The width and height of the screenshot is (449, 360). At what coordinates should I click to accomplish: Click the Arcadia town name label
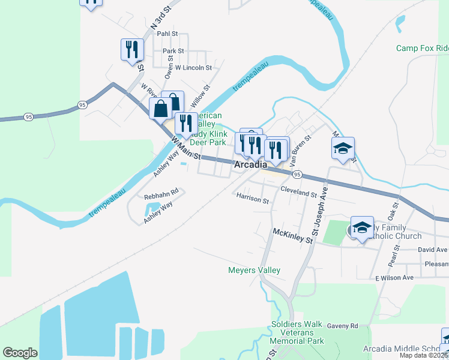click(x=250, y=164)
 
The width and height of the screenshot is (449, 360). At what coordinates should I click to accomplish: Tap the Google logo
click(x=20, y=353)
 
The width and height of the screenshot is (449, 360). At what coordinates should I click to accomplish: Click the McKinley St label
click(x=293, y=235)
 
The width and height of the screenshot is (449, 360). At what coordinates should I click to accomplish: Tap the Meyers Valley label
click(x=254, y=270)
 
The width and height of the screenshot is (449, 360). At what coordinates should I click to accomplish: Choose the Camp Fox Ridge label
click(x=422, y=48)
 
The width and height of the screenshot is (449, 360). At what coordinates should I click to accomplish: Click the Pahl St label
click(x=167, y=34)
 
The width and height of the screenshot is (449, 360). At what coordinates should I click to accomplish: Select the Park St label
click(x=173, y=52)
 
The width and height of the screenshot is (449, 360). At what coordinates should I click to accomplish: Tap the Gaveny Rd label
click(x=342, y=326)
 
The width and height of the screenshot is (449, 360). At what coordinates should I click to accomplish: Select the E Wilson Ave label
click(x=394, y=278)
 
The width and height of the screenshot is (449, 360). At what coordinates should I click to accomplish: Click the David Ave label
click(x=433, y=250)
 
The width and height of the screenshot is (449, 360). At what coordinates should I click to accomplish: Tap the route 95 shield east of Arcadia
click(x=297, y=174)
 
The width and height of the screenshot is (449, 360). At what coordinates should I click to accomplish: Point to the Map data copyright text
click(x=424, y=355)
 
